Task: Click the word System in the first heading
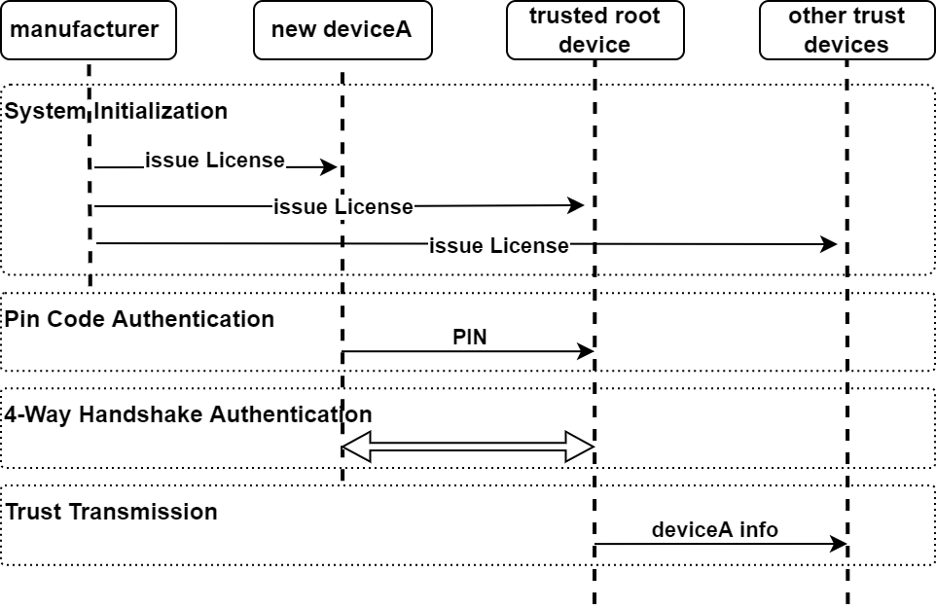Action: pyautogui.click(x=45, y=111)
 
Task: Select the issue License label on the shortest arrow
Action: pyautogui.click(x=215, y=161)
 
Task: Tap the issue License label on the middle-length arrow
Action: pyautogui.click(x=343, y=207)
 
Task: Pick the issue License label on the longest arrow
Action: pyautogui.click(x=498, y=246)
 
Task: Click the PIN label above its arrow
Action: pyautogui.click(x=470, y=338)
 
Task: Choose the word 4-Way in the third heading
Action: pyautogui.click(x=38, y=414)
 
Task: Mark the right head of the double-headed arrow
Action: pyautogui.click(x=581, y=448)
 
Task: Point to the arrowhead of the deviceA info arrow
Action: pyautogui.click(x=840, y=545)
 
